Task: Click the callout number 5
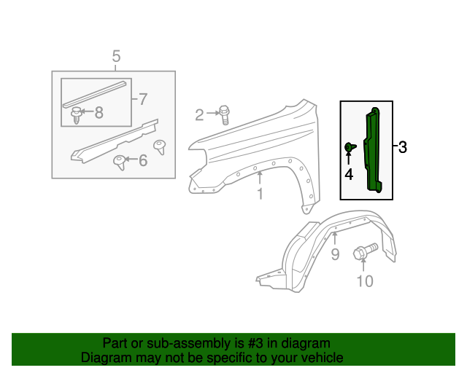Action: [115, 56]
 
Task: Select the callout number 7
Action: [142, 98]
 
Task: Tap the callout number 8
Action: [99, 112]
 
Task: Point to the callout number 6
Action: [143, 160]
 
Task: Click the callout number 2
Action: [199, 114]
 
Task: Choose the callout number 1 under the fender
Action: [259, 193]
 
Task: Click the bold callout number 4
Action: [349, 174]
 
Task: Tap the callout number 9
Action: [335, 254]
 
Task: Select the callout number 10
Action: [363, 281]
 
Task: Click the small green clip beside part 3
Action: [350, 149]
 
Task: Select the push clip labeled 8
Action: [76, 114]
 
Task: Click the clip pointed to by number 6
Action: [118, 162]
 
